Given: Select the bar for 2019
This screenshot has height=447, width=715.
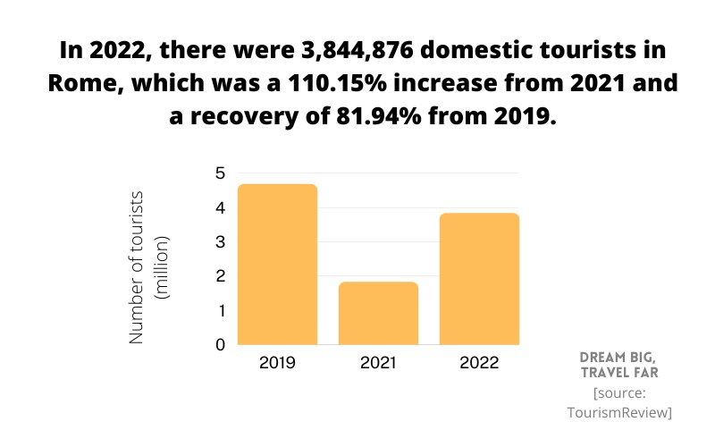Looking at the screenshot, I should (277, 264).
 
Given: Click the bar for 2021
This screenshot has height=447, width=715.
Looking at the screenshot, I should (378, 313).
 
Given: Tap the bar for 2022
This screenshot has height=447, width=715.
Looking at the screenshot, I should (479, 278).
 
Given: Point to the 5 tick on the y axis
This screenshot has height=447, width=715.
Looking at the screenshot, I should (220, 173).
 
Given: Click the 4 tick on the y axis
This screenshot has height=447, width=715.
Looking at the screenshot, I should (220, 208).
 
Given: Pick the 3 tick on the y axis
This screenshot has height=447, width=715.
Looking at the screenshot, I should (220, 242).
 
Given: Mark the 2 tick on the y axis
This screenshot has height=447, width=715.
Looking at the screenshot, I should (220, 276).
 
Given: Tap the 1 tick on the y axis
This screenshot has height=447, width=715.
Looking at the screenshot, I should (220, 311).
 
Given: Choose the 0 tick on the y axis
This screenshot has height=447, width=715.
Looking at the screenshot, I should (220, 344).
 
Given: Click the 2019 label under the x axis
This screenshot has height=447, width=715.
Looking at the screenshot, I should (277, 364).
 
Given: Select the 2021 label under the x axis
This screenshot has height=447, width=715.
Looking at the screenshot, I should (378, 364).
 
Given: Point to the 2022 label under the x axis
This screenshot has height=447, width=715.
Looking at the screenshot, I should (479, 364).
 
